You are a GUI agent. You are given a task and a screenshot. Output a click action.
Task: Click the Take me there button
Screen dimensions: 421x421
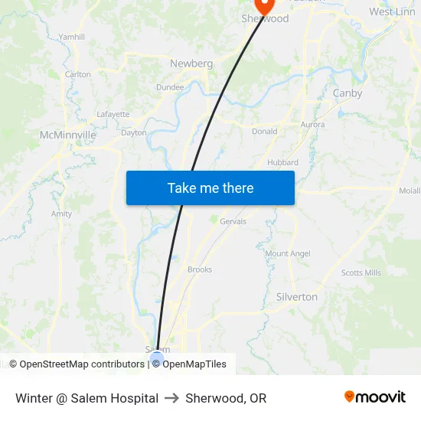(210, 188)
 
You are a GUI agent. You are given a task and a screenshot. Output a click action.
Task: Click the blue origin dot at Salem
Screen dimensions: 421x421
(158, 357)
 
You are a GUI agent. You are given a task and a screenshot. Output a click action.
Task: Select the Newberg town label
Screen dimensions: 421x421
(191, 64)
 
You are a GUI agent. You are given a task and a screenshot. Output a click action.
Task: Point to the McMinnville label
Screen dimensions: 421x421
(67, 135)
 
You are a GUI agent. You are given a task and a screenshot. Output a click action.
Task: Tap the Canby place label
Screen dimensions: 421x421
(348, 93)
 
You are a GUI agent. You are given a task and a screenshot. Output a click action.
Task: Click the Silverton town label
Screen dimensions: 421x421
(296, 297)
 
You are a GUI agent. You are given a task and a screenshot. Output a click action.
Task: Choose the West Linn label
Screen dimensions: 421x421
(392, 11)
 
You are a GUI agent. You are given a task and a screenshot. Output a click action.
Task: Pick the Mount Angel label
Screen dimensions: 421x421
(288, 253)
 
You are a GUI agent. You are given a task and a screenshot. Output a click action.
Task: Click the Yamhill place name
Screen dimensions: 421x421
(72, 37)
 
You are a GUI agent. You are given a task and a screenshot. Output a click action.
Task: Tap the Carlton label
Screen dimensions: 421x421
(78, 74)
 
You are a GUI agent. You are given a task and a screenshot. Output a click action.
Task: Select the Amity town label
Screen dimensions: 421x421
(61, 214)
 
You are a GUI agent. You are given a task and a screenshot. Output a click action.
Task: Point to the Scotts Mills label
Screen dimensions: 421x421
(361, 273)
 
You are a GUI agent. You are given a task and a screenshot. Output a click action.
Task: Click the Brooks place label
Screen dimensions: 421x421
(200, 269)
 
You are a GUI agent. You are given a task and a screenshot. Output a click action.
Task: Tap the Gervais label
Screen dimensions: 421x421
(233, 221)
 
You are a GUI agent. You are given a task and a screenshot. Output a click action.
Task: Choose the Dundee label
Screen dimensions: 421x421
(170, 87)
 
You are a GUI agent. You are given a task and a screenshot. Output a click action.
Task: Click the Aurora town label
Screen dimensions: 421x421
(312, 124)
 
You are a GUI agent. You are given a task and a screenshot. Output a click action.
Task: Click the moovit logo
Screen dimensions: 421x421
(374, 397)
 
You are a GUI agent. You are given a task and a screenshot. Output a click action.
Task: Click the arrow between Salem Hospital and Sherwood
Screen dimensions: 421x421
(171, 398)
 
